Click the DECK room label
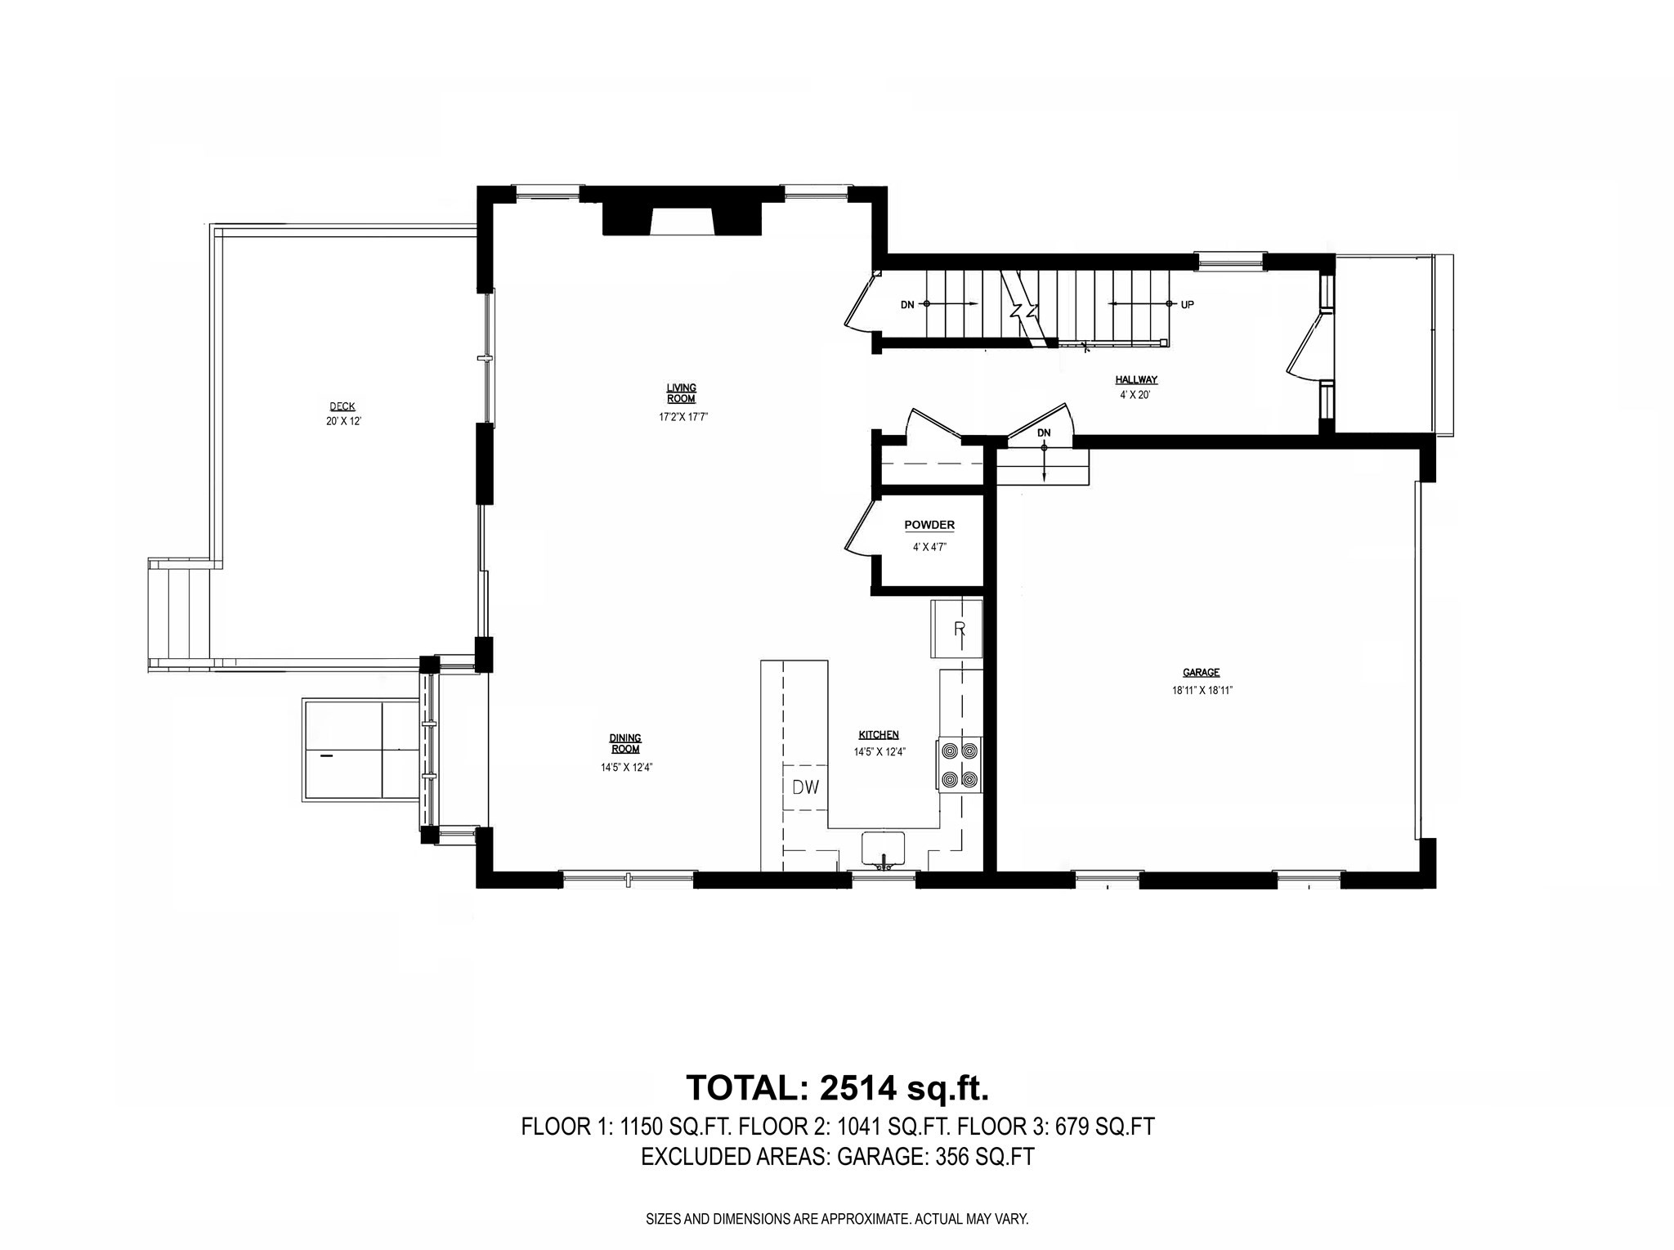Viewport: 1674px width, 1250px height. [342, 406]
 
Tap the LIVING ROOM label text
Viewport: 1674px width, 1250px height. [681, 393]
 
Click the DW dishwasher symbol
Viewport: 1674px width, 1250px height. [805, 787]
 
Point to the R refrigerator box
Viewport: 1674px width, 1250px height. [957, 629]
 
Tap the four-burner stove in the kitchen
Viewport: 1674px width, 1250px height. [960, 764]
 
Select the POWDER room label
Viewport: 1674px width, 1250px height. [929, 525]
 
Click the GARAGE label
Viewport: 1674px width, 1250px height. [1201, 673]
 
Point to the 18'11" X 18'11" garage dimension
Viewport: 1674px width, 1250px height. [1202, 691]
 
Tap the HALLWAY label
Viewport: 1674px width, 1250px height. [1136, 380]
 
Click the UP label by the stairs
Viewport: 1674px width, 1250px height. [1187, 305]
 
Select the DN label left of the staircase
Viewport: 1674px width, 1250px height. [907, 305]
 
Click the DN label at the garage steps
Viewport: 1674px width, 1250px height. [1044, 432]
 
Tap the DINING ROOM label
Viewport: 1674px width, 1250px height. [625, 743]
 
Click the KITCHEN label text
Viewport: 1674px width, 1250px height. [879, 735]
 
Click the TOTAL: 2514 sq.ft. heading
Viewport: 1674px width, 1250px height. [838, 1088]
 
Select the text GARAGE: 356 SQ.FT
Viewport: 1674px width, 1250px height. [935, 1157]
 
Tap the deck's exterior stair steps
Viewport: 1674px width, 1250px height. [180, 613]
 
